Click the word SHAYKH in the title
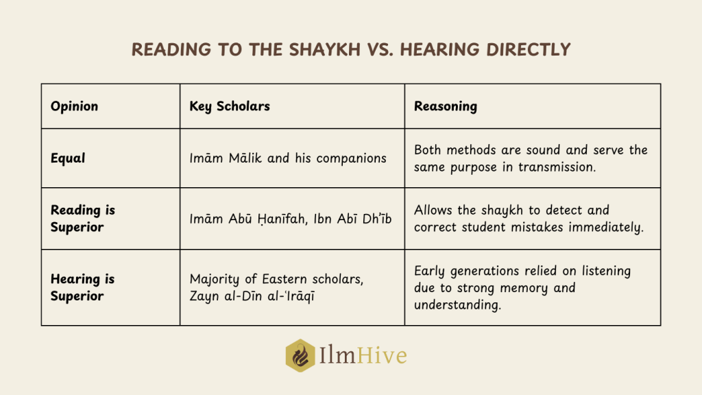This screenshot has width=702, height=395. click(324, 49)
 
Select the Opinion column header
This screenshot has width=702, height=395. click(74, 106)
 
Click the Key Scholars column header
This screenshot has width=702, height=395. click(230, 106)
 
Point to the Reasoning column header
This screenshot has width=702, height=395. click(446, 106)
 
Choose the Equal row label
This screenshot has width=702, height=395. click(68, 158)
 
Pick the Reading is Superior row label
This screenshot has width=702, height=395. click(83, 219)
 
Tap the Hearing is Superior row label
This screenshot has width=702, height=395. click(82, 287)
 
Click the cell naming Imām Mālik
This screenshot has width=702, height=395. click(288, 158)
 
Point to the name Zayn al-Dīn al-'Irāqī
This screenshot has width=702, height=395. click(252, 296)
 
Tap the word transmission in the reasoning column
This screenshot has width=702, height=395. click(557, 167)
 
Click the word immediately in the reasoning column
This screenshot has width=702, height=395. click(606, 228)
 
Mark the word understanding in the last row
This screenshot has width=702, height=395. click(457, 305)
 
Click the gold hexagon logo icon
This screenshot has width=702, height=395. click(300, 356)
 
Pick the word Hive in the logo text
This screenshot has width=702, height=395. click(382, 356)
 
